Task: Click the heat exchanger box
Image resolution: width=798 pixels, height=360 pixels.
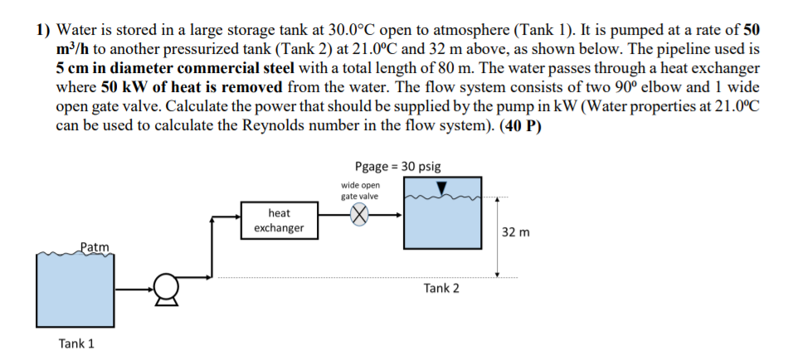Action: pos(279,220)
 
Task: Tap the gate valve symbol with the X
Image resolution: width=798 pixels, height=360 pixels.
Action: pos(359,215)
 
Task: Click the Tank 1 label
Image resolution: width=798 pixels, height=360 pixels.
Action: pos(75,343)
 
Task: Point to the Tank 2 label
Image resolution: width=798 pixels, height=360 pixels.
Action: pos(440,288)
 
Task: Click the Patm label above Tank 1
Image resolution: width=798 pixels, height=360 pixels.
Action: pos(95,246)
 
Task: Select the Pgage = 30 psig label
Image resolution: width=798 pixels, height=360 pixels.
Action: pos(397,166)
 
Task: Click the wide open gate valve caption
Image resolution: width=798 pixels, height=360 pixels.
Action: pos(359,191)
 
